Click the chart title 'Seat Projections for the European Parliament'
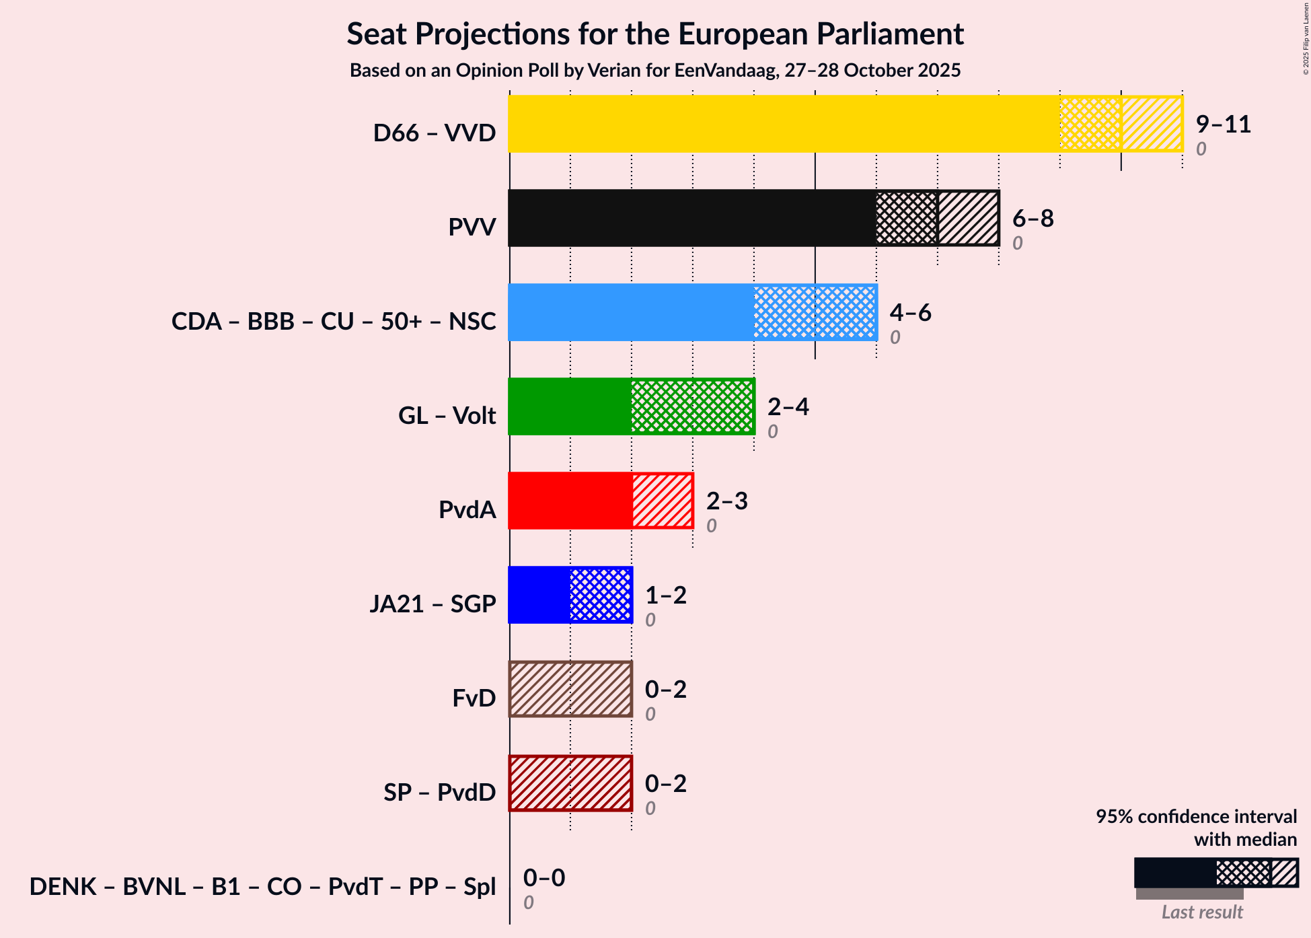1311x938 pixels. (655, 34)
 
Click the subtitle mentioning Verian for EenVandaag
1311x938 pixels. (655, 71)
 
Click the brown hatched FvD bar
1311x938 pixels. (570, 689)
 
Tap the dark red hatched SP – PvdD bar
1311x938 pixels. (570, 783)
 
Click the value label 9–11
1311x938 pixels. (1223, 124)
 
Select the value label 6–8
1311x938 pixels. (1033, 219)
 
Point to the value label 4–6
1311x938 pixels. (910, 313)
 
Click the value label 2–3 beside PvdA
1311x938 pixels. (726, 501)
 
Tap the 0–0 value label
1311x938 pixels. (544, 878)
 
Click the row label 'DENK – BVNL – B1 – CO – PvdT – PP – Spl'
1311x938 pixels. (262, 887)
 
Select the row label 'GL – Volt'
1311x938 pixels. (447, 416)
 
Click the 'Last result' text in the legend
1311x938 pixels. (1202, 912)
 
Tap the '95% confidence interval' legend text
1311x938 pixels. (1196, 817)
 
